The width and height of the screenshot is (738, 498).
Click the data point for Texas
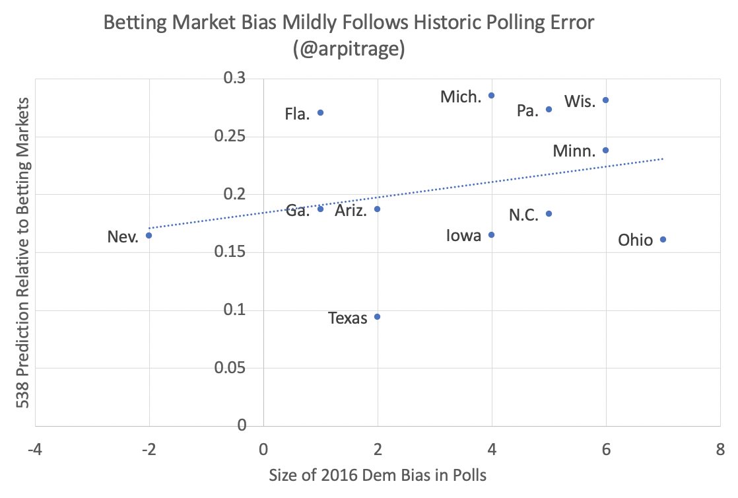click(377, 316)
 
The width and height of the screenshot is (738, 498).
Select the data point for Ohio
click(663, 239)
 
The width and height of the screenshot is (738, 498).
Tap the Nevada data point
click(149, 235)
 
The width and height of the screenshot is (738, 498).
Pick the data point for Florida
click(320, 112)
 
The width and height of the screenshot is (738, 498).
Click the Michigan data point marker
click(491, 95)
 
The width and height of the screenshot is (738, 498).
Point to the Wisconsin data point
click(605, 100)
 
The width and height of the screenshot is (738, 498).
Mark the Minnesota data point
click(605, 150)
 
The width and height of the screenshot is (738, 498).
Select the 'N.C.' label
click(525, 215)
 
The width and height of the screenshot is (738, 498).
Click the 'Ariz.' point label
click(352, 211)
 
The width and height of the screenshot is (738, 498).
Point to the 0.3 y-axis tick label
click(242, 79)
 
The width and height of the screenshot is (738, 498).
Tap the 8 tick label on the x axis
click(720, 450)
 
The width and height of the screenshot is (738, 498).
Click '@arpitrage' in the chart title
click(350, 50)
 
